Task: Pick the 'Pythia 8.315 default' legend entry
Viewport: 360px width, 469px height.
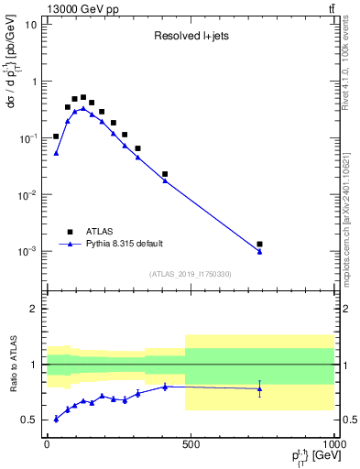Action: point(118,244)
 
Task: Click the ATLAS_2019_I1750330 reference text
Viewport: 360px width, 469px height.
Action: point(190,274)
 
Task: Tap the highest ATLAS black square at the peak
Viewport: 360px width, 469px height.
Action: point(83,97)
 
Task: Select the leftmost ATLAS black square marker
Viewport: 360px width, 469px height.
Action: point(56,136)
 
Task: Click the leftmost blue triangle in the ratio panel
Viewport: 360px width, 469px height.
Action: point(56,419)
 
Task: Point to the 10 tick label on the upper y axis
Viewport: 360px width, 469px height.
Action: point(29,24)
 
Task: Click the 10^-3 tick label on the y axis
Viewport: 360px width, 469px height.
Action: point(27,251)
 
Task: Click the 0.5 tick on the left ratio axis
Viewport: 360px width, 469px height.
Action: point(29,420)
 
